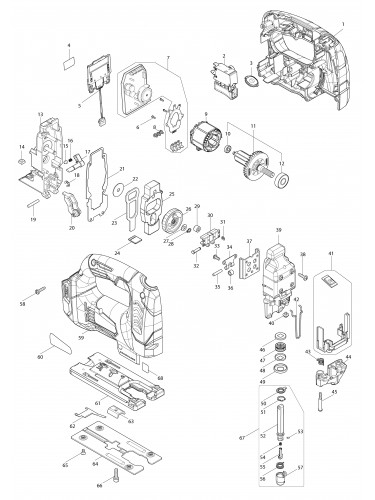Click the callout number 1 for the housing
pyautogui.click(x=367, y=23)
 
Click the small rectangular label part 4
pyautogui.click(x=68, y=62)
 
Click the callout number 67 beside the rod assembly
pyautogui.click(x=235, y=436)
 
